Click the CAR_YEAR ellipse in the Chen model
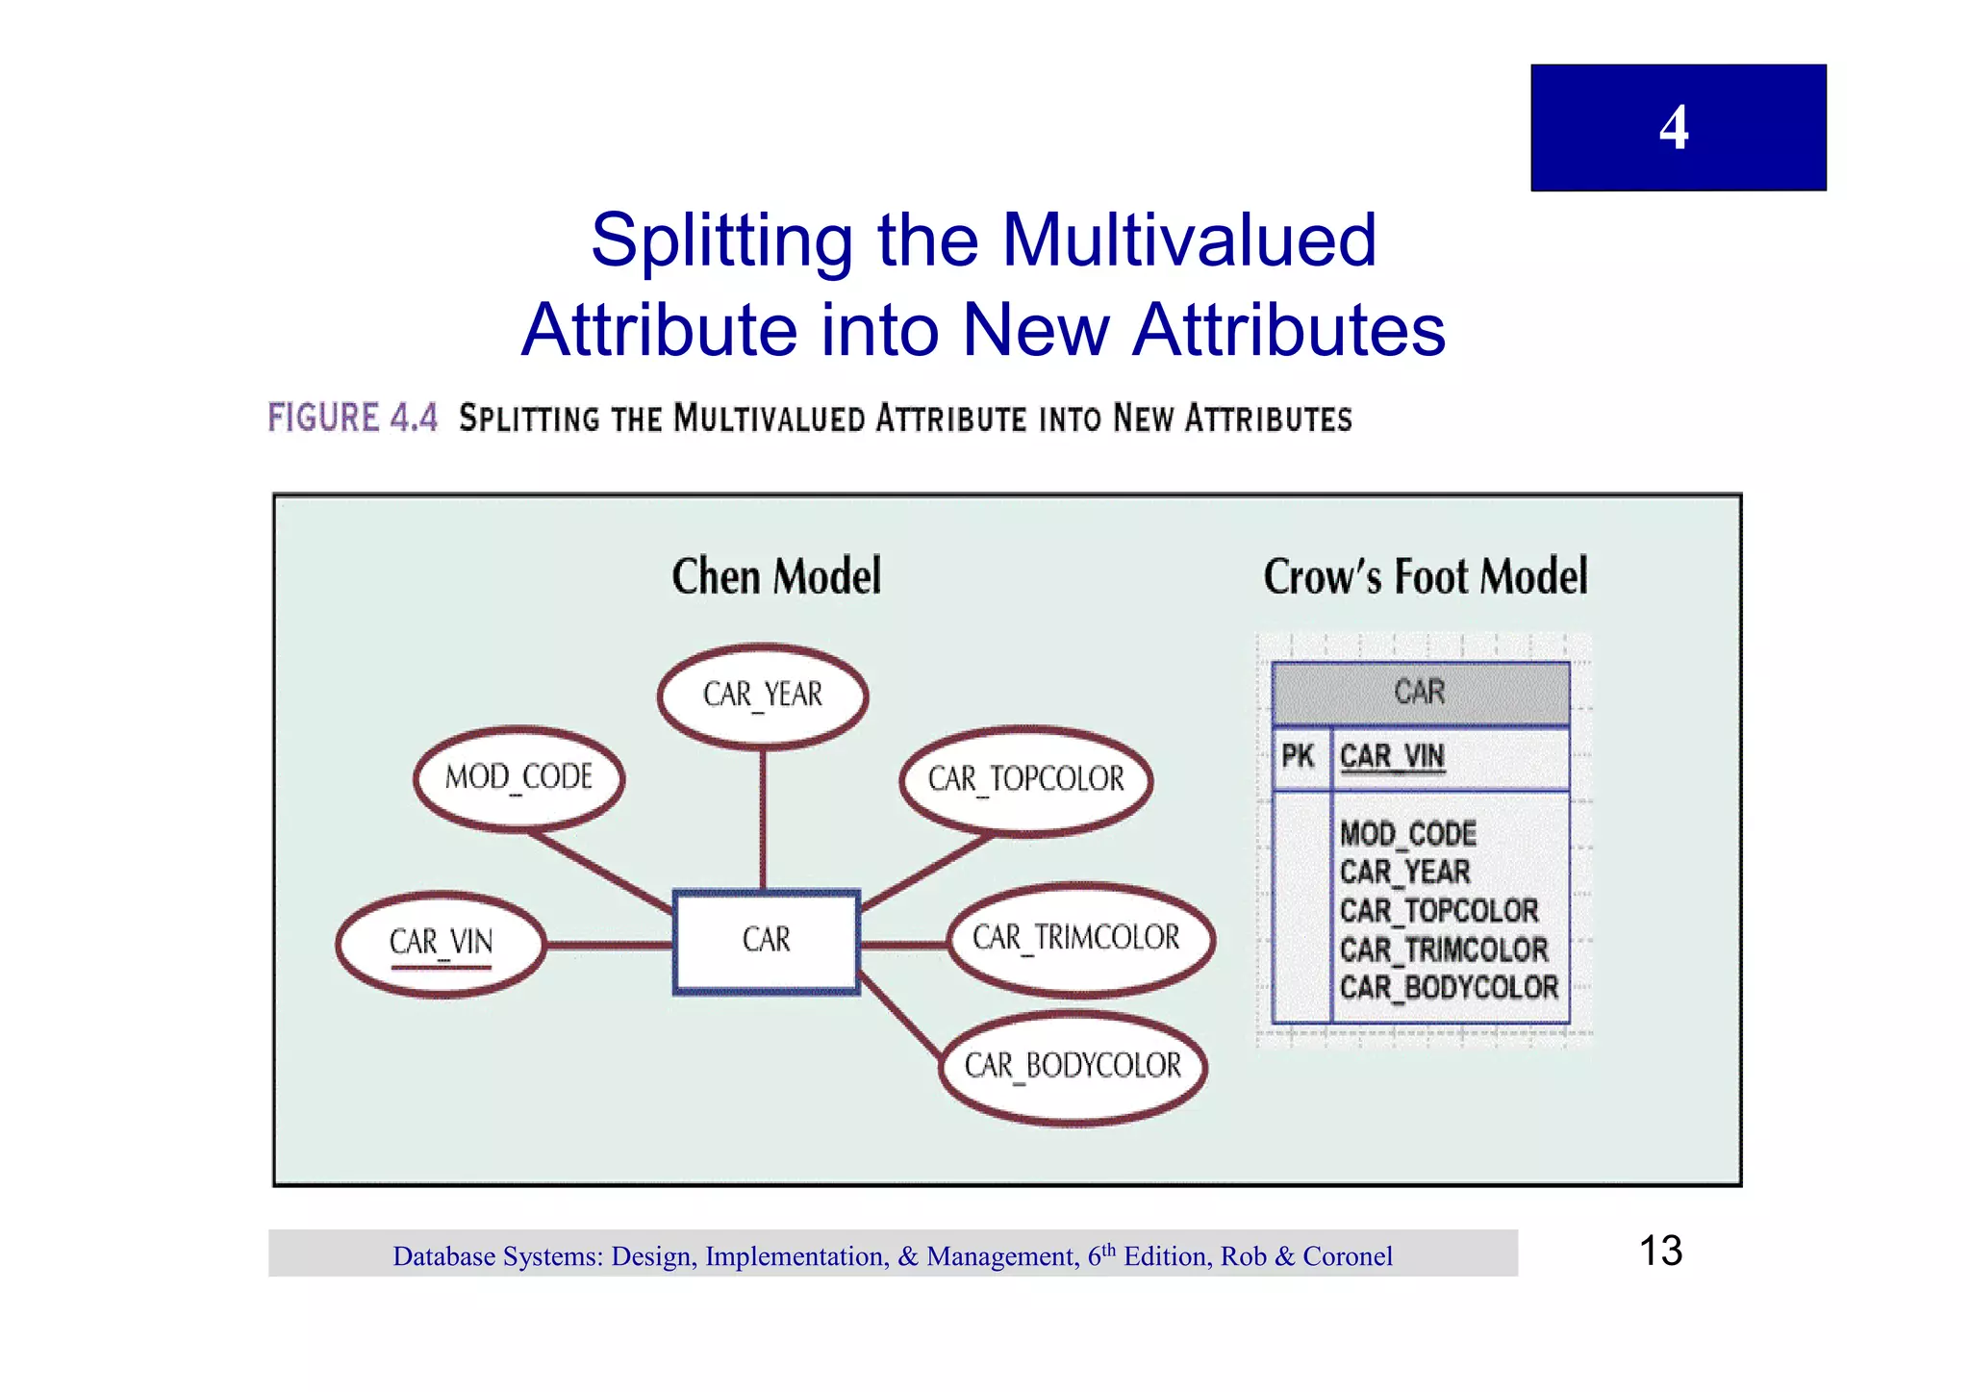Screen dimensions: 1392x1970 click(x=763, y=696)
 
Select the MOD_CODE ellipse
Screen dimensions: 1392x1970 click(x=518, y=777)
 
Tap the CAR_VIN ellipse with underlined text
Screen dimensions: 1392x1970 click(x=441, y=944)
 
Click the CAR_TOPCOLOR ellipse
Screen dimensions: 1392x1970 click(x=1025, y=779)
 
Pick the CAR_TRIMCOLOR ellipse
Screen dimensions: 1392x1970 click(x=1079, y=939)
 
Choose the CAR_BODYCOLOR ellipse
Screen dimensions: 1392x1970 click(x=1072, y=1067)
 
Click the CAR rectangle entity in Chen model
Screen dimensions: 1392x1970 click(x=766, y=941)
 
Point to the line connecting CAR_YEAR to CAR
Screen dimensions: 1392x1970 click(x=763, y=818)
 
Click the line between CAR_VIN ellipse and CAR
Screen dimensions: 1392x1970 click(x=608, y=946)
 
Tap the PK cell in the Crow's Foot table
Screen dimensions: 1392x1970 click(x=1299, y=757)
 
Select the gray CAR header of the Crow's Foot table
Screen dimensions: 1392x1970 click(x=1420, y=693)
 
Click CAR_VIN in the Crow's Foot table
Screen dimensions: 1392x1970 click(x=1392, y=757)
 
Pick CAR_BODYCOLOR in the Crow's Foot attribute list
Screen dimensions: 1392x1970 click(x=1449, y=988)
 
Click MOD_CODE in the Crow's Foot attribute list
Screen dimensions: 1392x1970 click(x=1408, y=833)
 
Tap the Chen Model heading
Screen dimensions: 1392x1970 click(x=776, y=577)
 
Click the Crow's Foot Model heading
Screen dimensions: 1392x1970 click(x=1425, y=577)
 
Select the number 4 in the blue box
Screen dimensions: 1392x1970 click(x=1674, y=128)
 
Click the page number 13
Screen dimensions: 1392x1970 click(x=1660, y=1252)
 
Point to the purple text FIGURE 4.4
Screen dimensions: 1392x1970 click(x=352, y=418)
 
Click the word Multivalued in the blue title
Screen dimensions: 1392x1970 click(x=1189, y=240)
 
